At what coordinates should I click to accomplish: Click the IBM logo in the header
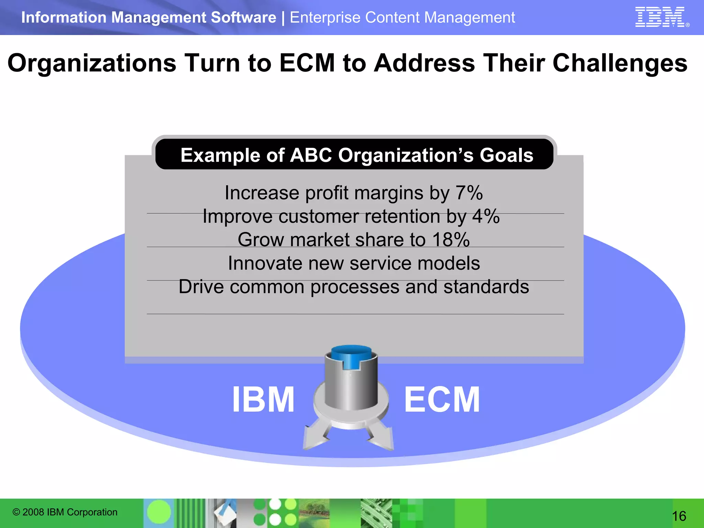coord(660,17)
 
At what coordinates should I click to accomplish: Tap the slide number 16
coord(679,516)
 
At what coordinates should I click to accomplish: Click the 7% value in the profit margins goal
coord(469,193)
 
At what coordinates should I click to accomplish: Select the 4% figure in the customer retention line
coord(486,217)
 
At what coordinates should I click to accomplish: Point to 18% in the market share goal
coord(451,240)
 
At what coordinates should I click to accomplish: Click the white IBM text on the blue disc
coord(263,399)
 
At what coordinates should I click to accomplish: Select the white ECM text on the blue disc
coord(442,399)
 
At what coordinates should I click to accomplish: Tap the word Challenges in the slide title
coord(620,63)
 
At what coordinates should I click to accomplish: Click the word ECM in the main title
coord(307,63)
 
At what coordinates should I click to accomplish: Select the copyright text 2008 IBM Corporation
coord(65,512)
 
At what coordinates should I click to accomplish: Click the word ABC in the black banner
coord(311,155)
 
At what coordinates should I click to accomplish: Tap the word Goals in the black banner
coord(506,155)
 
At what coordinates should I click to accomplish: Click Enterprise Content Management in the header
coord(402,18)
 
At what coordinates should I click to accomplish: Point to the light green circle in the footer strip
coord(159,512)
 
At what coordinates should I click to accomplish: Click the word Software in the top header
coord(243,18)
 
